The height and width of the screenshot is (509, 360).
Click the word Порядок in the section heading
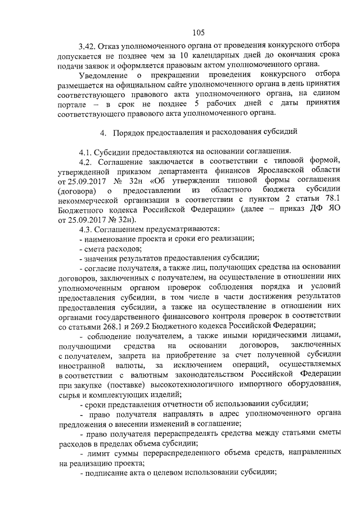(x=133, y=132)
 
